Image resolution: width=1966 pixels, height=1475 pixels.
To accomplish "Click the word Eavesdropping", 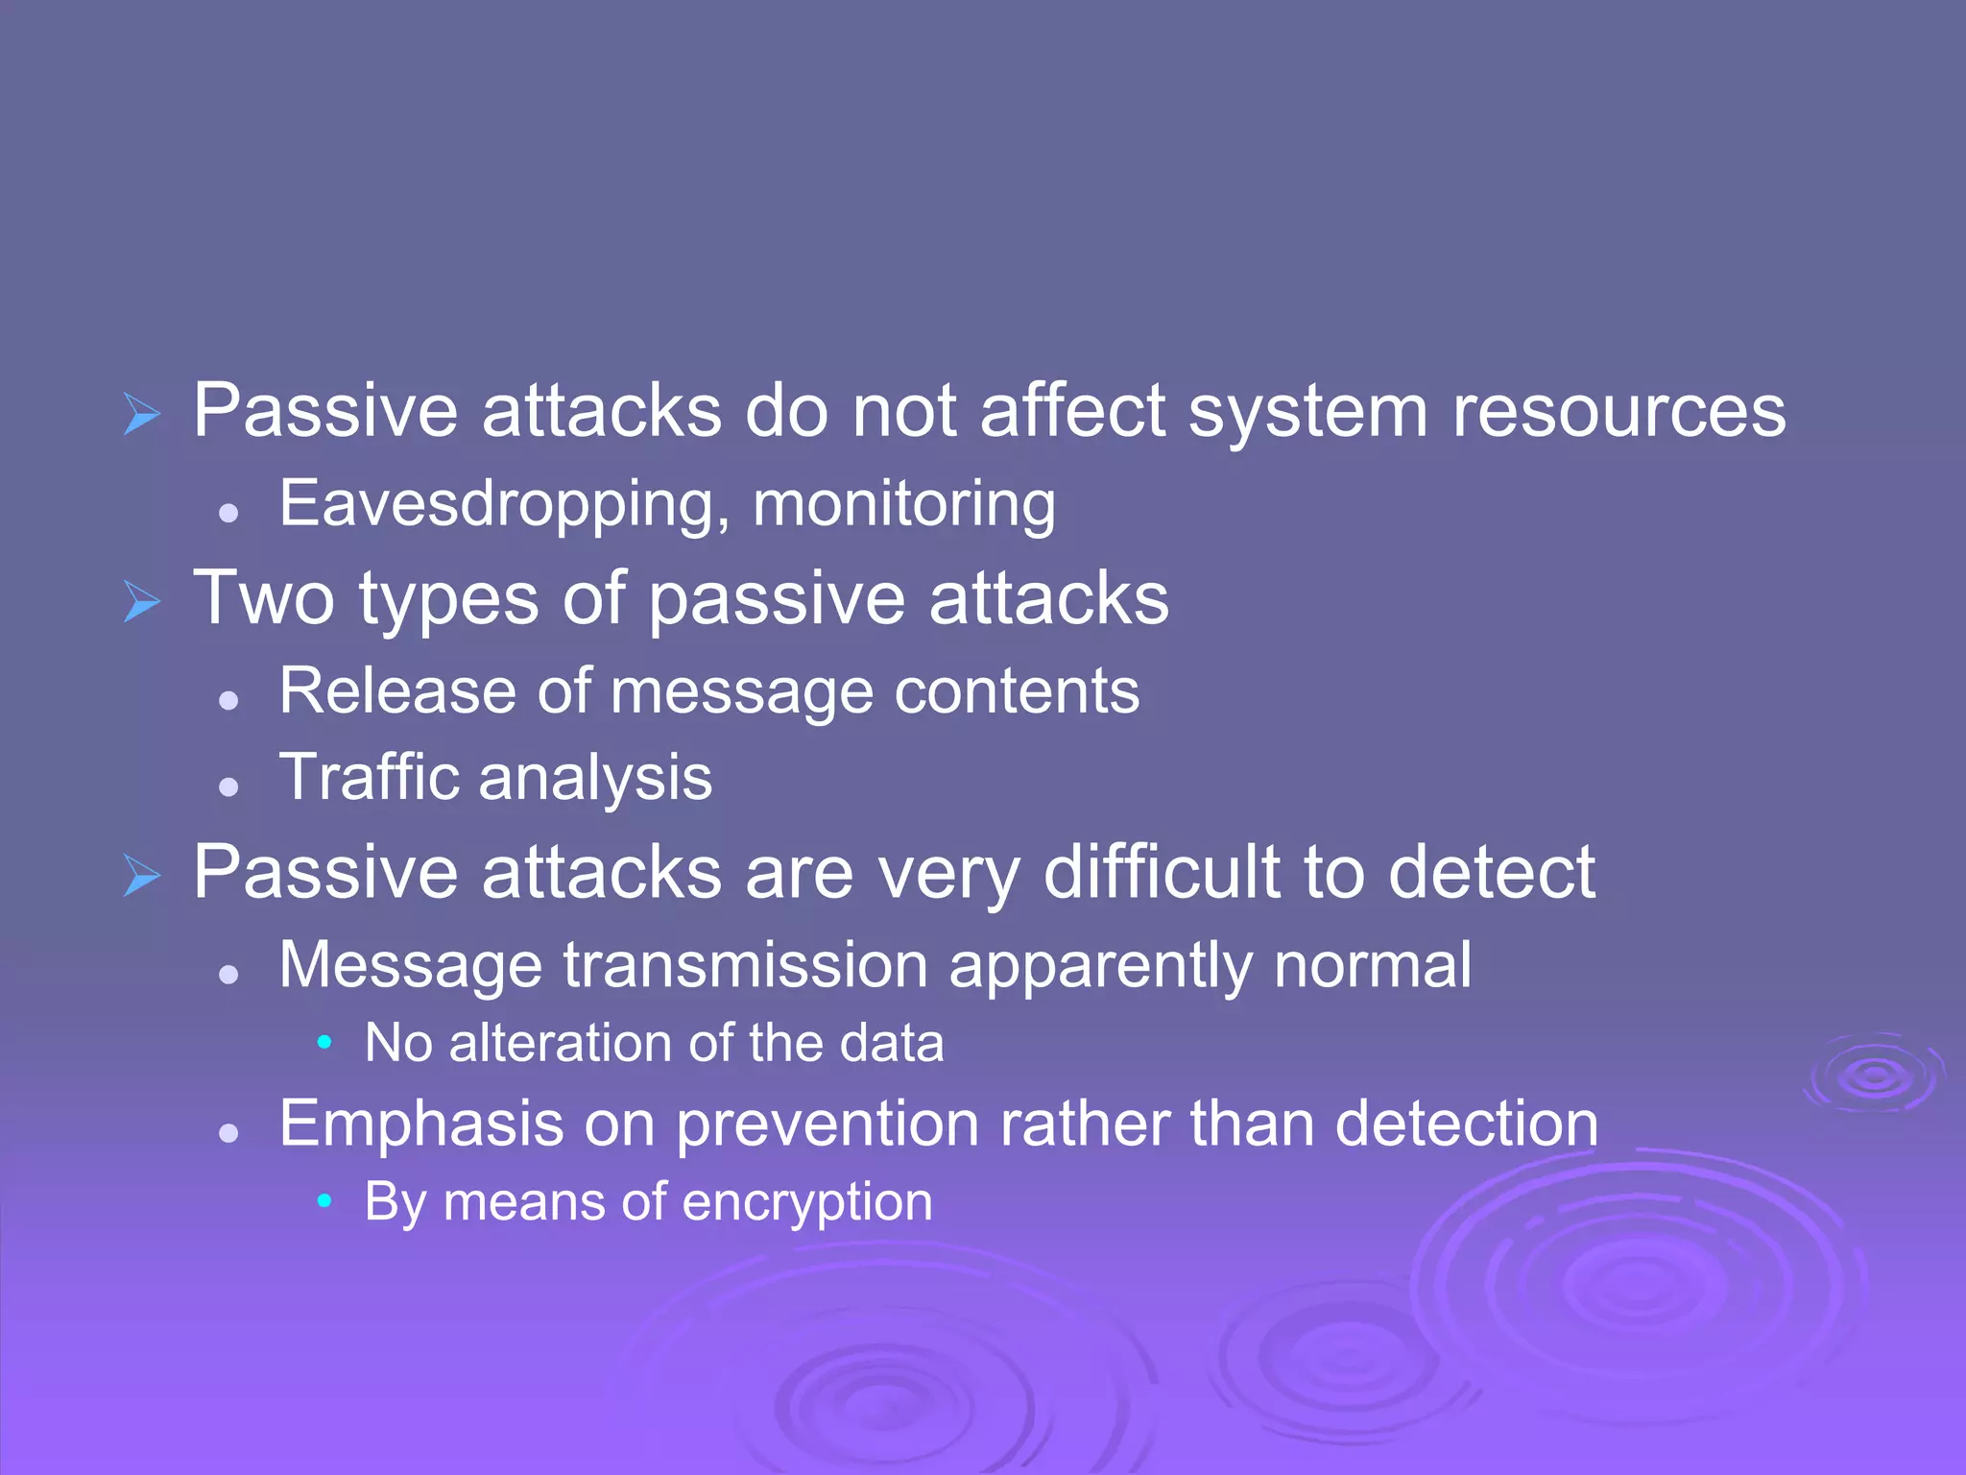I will pos(497,504).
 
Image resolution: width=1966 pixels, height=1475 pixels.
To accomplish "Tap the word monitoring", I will pos(903,504).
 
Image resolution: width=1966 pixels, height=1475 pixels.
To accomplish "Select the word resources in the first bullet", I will pos(1618,411).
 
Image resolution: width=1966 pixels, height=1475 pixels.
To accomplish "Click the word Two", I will pos(264,598).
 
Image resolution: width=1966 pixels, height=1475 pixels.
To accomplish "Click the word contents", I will pos(1017,690).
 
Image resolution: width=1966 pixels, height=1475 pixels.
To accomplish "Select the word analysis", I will pos(595,779).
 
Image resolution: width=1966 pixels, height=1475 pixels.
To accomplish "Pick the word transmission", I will pos(745,964).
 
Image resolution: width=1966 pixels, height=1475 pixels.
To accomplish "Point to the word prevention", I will pos(827,1124).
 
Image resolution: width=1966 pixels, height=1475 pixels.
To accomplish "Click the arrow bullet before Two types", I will pos(142,602).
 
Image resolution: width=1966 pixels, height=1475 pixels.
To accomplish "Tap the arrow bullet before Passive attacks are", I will pos(142,876).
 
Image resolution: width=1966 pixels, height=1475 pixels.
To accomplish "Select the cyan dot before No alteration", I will pos(324,1042).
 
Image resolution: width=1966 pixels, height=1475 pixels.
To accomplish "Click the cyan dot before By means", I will pos(324,1200).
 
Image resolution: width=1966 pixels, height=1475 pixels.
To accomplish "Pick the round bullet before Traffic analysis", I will pos(228,787).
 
